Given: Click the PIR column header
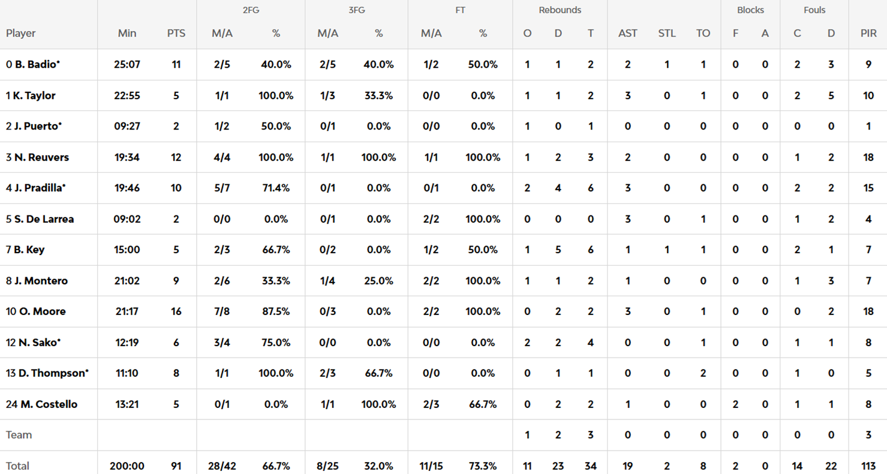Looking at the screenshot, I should click(868, 34).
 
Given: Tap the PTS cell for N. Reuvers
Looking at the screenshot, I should click(176, 157).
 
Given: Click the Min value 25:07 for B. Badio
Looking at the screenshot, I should click(127, 64).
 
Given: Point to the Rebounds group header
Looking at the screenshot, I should click(560, 10).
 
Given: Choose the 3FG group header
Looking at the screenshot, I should click(356, 10).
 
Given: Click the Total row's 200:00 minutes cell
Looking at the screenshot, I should click(127, 466).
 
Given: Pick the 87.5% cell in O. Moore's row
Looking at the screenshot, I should click(276, 311).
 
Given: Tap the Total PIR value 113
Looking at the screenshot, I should click(868, 466).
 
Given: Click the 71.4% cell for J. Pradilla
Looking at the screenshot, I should click(276, 188).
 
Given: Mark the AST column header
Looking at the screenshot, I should click(627, 34).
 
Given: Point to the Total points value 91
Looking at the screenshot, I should click(176, 466).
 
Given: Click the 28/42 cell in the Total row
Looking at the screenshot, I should click(222, 466).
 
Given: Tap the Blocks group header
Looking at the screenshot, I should click(750, 10).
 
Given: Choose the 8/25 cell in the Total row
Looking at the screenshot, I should click(327, 466).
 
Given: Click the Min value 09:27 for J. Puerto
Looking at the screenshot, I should click(127, 126).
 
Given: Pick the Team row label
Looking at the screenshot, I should click(19, 434).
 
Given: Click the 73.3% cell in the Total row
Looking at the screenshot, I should click(483, 466).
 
